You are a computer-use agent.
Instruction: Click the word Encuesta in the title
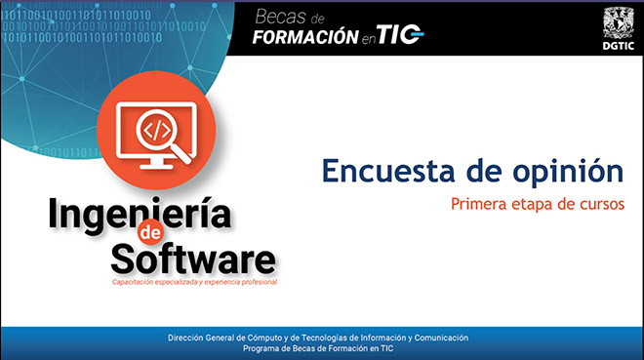(x=388, y=171)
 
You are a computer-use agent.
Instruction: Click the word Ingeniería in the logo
(x=140, y=215)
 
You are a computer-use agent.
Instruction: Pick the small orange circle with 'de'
(x=150, y=233)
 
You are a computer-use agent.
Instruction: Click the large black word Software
(x=193, y=259)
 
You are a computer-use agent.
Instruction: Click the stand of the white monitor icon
(x=156, y=164)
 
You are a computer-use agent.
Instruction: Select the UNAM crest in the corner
(x=618, y=23)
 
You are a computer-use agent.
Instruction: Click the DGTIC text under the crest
(x=618, y=46)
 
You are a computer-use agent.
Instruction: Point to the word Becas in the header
(x=280, y=18)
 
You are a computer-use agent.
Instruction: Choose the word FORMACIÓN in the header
(x=305, y=37)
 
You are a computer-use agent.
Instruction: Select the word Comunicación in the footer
(x=441, y=338)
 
